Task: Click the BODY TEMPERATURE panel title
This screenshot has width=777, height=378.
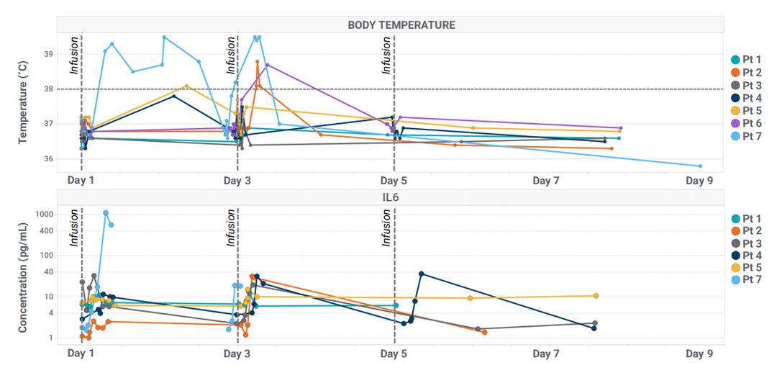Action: [401, 24]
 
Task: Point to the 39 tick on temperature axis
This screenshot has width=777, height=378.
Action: [48, 54]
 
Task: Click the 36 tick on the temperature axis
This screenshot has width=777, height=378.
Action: [48, 158]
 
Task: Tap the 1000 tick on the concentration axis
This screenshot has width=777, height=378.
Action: [44, 214]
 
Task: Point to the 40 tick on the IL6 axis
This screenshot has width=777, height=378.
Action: [48, 271]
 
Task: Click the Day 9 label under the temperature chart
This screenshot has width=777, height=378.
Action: [699, 181]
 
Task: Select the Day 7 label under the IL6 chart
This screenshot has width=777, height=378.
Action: [546, 354]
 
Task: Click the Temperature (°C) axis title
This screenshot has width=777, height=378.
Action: [23, 102]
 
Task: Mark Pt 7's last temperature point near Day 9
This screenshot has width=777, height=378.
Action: [700, 166]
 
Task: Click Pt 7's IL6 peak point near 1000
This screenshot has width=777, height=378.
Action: [106, 212]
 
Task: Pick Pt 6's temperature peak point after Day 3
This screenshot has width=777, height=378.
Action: [268, 65]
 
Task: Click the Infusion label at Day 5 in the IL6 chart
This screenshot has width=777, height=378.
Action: [387, 228]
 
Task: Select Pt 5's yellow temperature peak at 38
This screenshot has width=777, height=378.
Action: [187, 86]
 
